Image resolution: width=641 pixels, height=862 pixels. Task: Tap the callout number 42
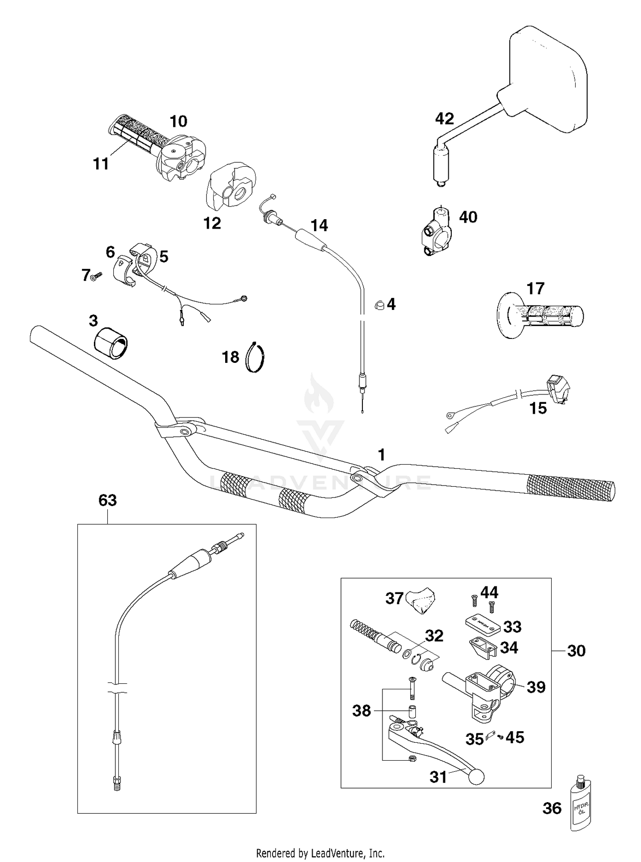(x=444, y=118)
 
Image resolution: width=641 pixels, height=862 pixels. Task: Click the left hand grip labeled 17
(x=541, y=315)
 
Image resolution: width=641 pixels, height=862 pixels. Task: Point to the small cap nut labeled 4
(x=378, y=304)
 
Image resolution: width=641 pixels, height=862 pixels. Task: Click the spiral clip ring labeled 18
(x=256, y=357)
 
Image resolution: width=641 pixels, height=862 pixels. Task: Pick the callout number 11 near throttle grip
(x=101, y=164)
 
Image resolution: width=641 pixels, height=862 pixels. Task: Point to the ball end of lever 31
(x=477, y=777)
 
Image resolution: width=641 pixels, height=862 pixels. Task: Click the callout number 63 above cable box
(x=107, y=500)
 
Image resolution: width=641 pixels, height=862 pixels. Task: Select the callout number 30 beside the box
(x=576, y=651)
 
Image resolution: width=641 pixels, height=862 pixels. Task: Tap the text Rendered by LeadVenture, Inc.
(x=320, y=853)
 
